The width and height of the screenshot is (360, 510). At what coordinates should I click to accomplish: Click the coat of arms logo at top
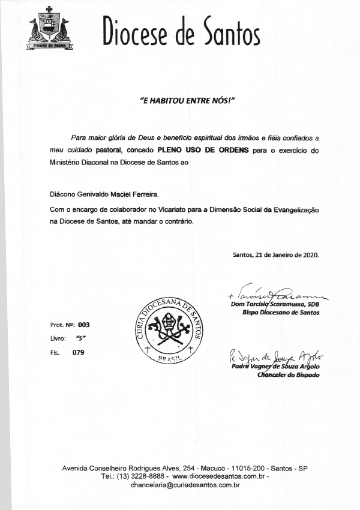coord(49,29)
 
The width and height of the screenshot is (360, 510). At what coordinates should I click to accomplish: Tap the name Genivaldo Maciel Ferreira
coord(121,195)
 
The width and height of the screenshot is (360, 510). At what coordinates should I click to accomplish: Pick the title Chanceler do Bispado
coord(288,375)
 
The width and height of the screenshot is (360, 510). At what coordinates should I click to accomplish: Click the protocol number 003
coord(83,325)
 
